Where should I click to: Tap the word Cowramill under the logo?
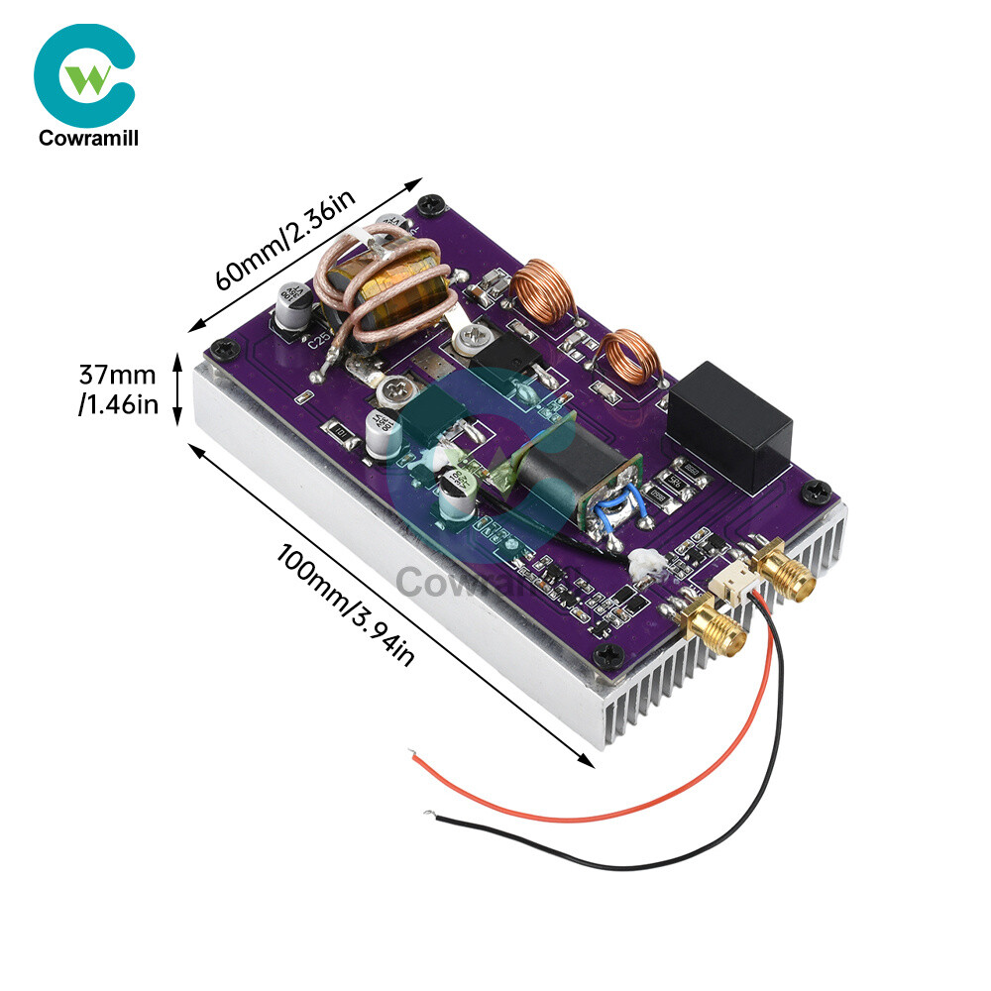pos(88,139)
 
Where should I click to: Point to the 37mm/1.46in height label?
pos(118,389)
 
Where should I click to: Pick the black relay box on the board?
pos(731,425)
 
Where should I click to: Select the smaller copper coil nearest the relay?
pos(628,358)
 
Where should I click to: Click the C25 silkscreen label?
pos(318,344)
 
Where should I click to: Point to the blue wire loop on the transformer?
pos(612,506)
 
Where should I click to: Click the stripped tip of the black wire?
pos(428,815)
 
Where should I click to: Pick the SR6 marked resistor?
pos(684,471)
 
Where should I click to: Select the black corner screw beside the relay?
pos(818,490)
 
